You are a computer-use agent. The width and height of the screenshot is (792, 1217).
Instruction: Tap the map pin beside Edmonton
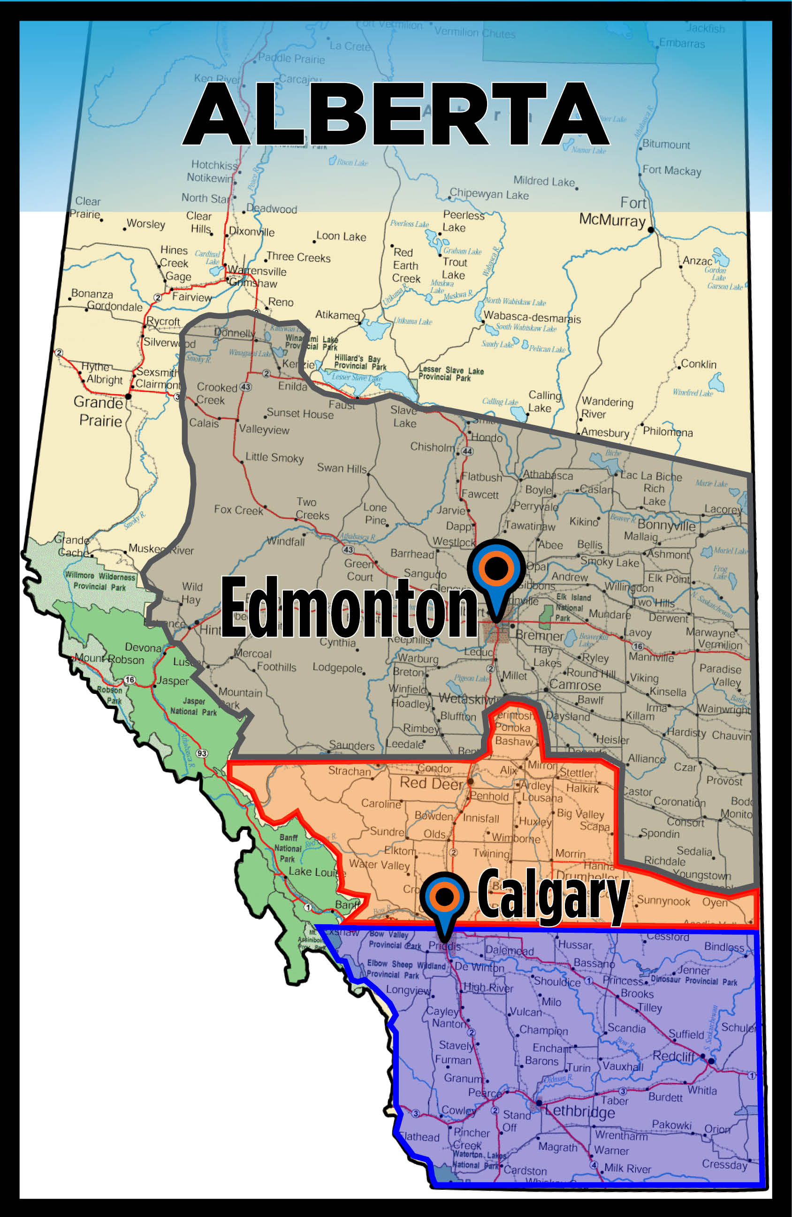(496, 570)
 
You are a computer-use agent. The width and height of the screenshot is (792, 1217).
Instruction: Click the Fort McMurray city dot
(650, 230)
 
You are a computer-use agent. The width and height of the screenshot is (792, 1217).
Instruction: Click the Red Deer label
(431, 783)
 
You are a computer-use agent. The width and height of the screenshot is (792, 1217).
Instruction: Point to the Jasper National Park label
(193, 706)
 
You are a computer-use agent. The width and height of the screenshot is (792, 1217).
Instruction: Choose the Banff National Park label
(288, 848)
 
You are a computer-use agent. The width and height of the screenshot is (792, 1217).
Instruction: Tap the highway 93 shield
(202, 753)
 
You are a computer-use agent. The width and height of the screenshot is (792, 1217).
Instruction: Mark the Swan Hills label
(342, 468)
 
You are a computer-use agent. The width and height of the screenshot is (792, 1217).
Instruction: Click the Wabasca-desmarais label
(532, 318)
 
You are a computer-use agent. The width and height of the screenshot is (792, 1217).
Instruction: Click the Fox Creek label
(238, 510)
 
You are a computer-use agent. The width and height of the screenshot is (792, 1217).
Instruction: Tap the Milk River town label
(627, 1168)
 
